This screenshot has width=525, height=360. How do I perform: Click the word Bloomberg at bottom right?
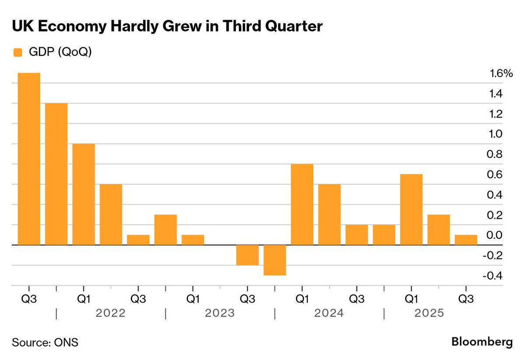click(482, 342)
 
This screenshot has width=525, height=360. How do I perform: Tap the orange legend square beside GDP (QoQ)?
click(17, 52)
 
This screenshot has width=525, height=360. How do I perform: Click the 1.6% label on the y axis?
click(501, 73)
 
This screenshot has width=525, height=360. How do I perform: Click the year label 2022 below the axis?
click(111, 313)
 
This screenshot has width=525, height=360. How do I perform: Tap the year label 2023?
click(220, 313)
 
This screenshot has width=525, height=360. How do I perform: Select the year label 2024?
click(329, 313)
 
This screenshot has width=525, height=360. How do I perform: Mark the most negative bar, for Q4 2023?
click(275, 260)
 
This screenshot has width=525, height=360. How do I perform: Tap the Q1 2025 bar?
click(411, 210)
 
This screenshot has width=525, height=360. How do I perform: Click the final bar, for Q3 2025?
click(466, 240)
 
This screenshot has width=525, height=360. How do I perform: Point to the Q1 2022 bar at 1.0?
click(84, 194)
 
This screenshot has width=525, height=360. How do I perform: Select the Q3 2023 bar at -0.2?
click(248, 255)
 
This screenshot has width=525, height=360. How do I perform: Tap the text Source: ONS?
click(45, 342)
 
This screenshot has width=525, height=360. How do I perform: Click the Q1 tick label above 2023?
click(193, 300)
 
